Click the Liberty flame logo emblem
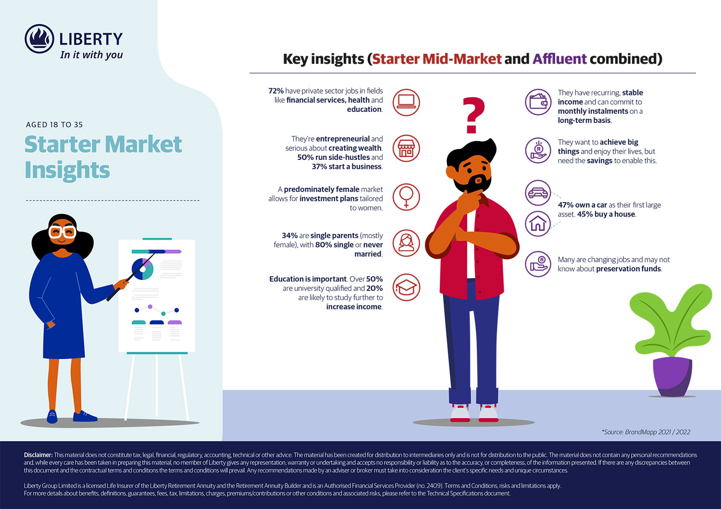pyautogui.click(x=39, y=39)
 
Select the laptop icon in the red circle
pyautogui.click(x=406, y=102)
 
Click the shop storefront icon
pyautogui.click(x=406, y=148)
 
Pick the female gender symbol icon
pyautogui.click(x=406, y=197)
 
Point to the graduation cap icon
pyautogui.click(x=406, y=288)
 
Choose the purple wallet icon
pyautogui.click(x=538, y=102)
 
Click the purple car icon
pyautogui.click(x=538, y=193)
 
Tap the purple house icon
pyautogui.click(x=538, y=223)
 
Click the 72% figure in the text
pyautogui.click(x=276, y=91)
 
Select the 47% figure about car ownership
pyautogui.click(x=566, y=205)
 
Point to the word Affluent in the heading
pyautogui.click(x=559, y=59)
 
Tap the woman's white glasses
pyautogui.click(x=62, y=232)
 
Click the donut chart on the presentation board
pyautogui.click(x=143, y=269)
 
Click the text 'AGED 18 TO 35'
pyautogui.click(x=54, y=125)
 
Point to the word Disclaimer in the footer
pyautogui.click(x=38, y=455)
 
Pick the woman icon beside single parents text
pyautogui.click(x=406, y=242)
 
